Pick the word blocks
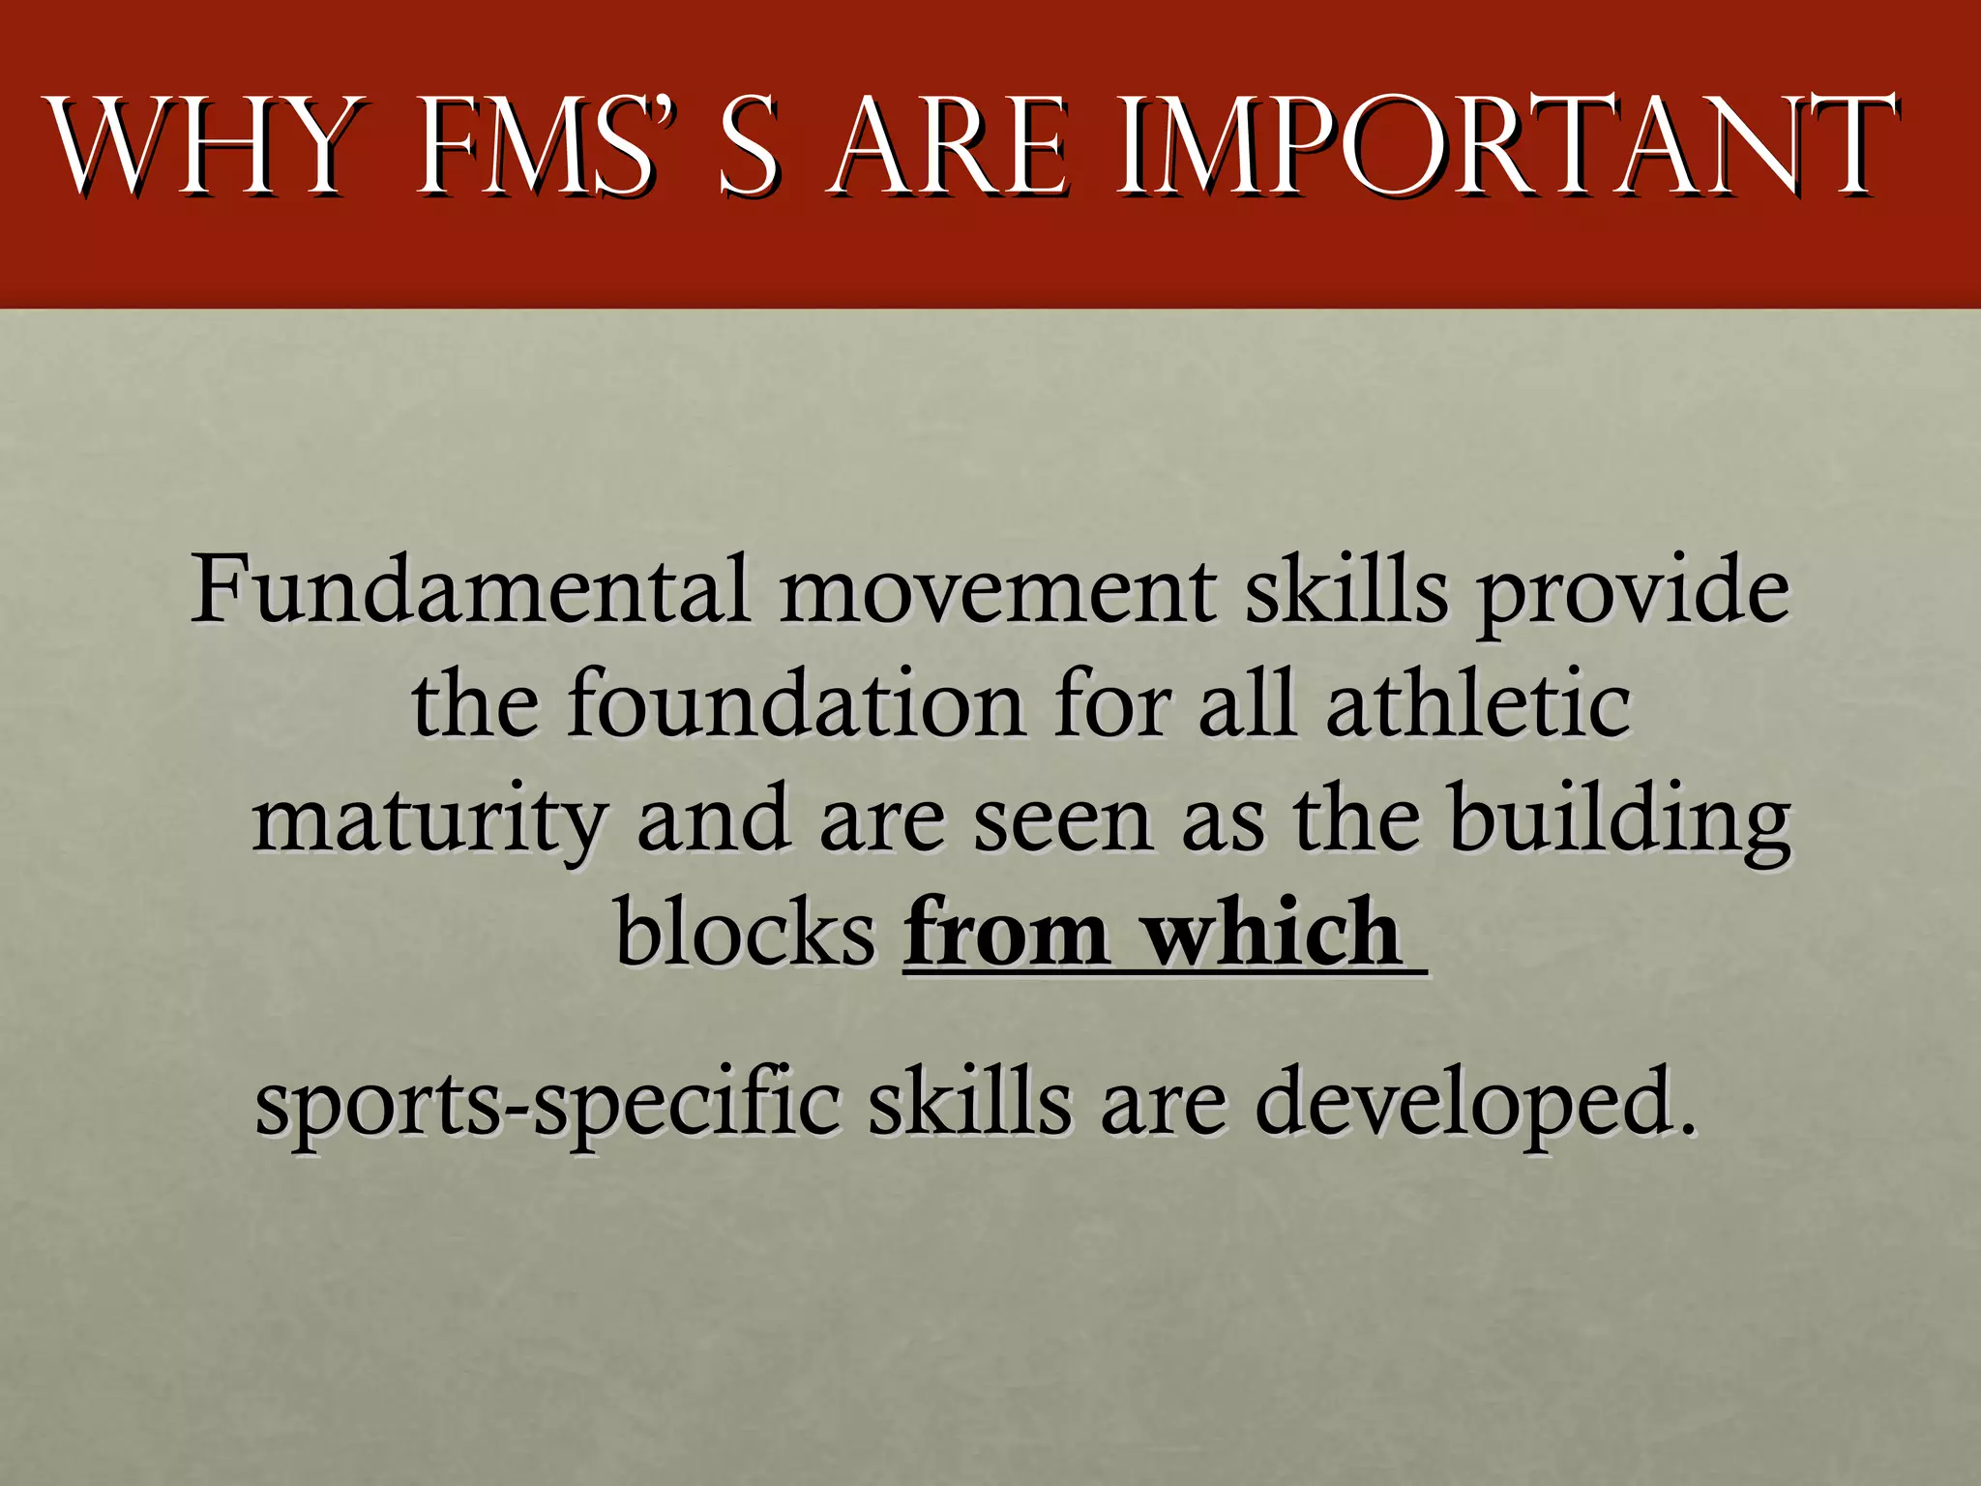pyautogui.click(x=745, y=932)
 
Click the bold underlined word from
pyautogui.click(x=1006, y=932)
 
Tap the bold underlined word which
pyautogui.click(x=1272, y=932)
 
